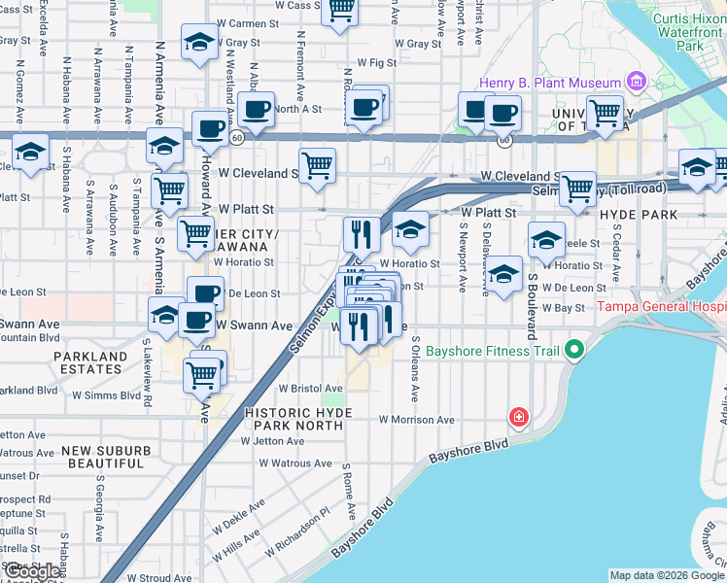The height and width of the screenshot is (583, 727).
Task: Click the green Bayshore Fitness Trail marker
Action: [573, 348]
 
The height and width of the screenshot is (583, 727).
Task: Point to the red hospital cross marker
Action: [519, 418]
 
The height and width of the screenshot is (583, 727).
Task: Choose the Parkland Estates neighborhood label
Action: [90, 363]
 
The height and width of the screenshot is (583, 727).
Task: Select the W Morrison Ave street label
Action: [417, 420]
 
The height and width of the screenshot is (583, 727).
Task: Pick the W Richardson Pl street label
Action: [296, 529]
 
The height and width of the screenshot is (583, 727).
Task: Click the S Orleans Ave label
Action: [414, 370]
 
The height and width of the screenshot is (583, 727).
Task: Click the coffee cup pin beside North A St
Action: [257, 109]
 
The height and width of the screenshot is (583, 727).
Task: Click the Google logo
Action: [31, 572]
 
